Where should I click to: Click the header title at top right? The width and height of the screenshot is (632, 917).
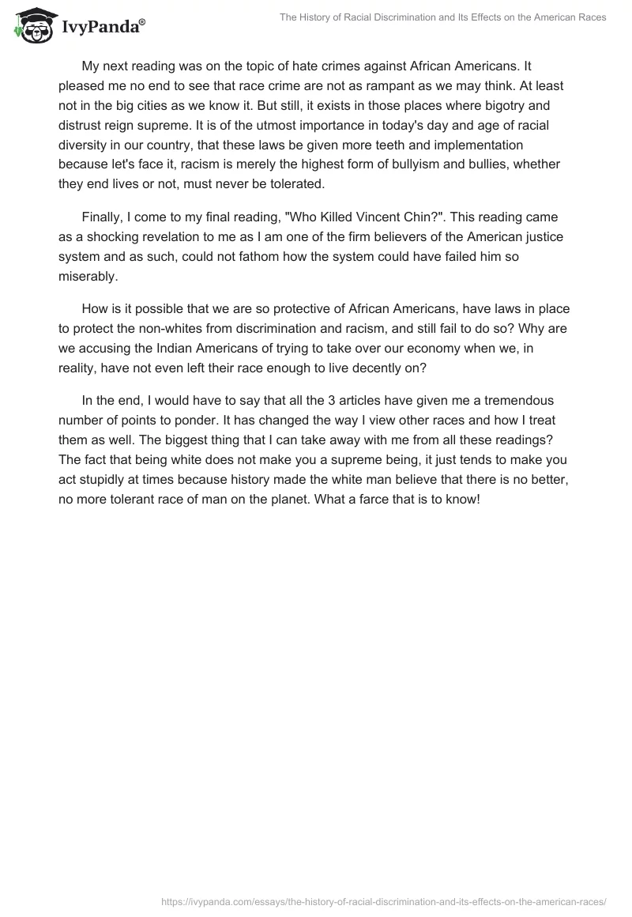tap(442, 17)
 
